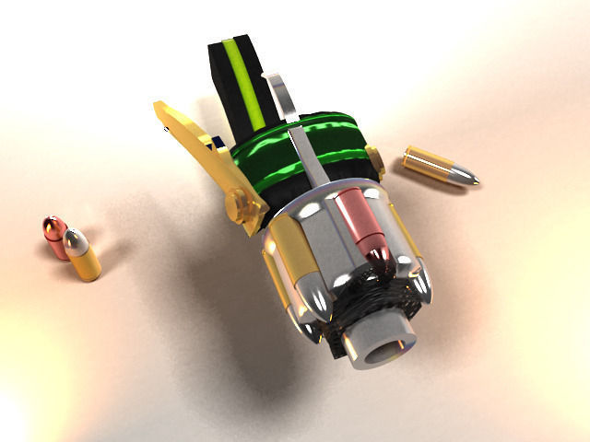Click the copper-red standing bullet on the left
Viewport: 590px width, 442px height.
(x=53, y=236)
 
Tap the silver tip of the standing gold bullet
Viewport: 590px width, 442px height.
(x=77, y=240)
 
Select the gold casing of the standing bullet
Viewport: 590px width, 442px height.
(x=86, y=264)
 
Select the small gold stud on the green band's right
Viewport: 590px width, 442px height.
(x=374, y=161)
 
